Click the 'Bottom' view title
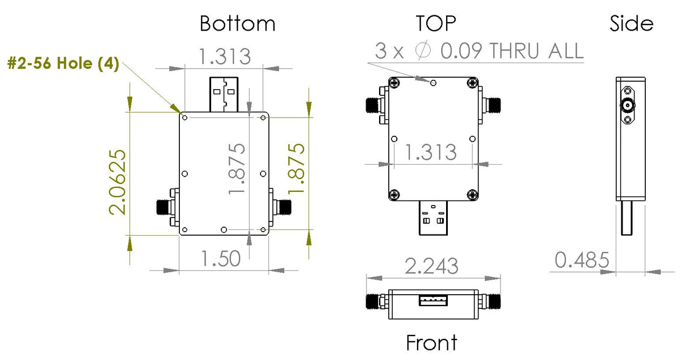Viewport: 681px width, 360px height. [x=237, y=24]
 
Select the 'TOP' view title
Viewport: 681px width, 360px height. [x=436, y=23]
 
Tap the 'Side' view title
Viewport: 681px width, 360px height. [x=631, y=24]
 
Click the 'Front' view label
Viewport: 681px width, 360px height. [x=431, y=343]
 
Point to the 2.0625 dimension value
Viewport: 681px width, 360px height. [x=117, y=182]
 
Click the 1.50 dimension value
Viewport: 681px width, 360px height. [x=221, y=259]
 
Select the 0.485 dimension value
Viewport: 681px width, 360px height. [x=582, y=261]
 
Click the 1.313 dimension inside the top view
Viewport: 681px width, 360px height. [x=431, y=152]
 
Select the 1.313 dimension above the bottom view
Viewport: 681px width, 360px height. [x=224, y=56]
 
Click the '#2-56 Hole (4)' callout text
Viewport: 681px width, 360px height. [x=63, y=64]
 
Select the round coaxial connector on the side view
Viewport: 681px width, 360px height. [x=628, y=104]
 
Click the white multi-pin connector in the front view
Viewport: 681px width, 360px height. [x=434, y=300]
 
